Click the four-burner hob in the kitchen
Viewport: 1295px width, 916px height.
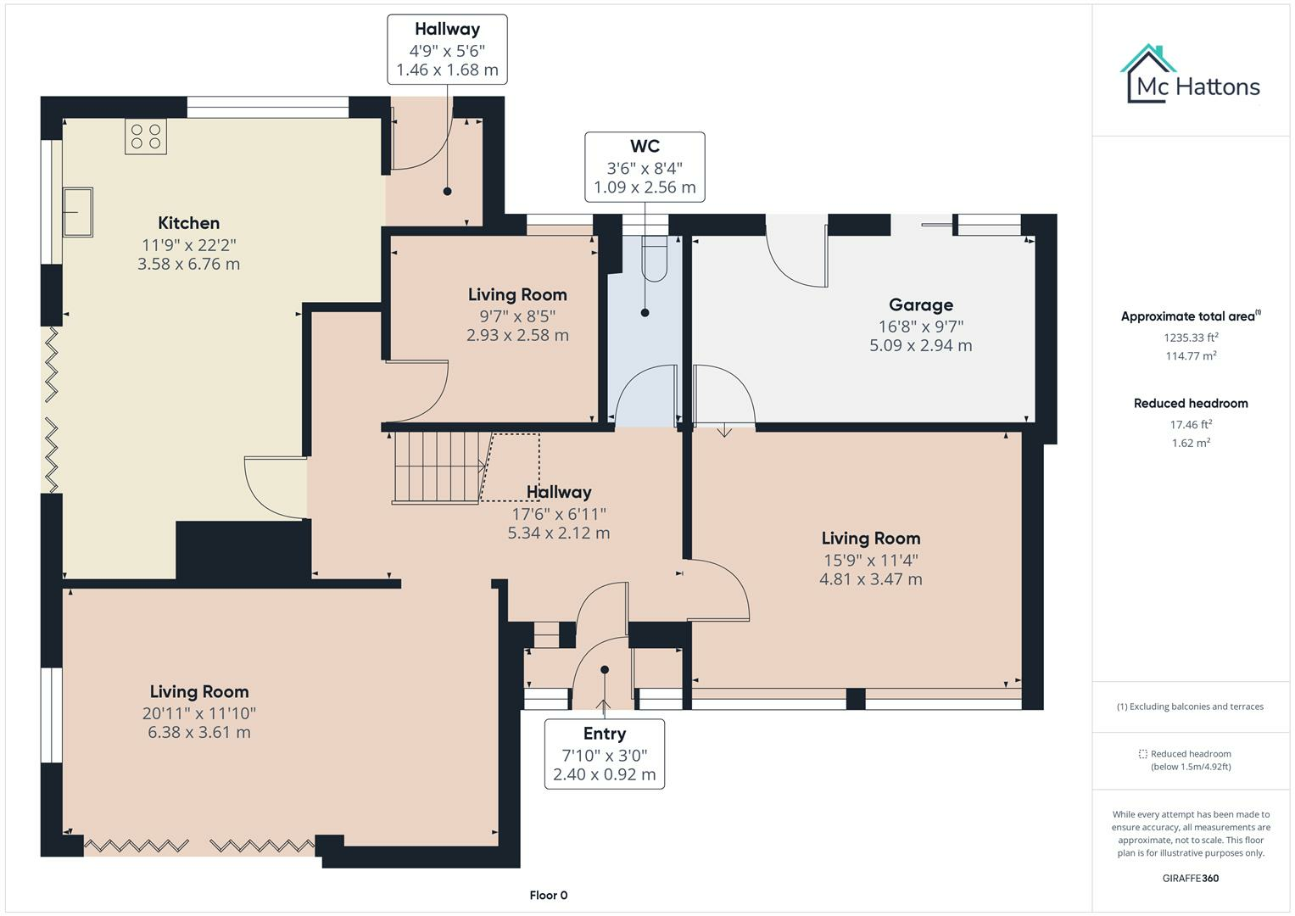point(146,137)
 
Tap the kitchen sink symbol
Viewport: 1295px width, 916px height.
point(77,212)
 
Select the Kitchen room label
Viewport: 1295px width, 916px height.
point(188,223)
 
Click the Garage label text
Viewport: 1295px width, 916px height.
point(920,304)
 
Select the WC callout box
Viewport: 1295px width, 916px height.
point(645,167)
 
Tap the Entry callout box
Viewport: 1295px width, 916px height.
point(604,754)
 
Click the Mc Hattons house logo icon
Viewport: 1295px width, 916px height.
point(1148,74)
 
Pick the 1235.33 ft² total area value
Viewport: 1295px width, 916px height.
point(1191,337)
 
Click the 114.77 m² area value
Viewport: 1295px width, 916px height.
point(1191,356)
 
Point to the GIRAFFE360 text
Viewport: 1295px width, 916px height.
point(1190,878)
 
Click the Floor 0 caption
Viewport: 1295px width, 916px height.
point(548,895)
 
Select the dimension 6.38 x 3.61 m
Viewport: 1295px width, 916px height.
point(199,732)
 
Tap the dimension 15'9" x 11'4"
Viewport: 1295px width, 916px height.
point(870,560)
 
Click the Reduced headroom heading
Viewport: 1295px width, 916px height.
point(1191,403)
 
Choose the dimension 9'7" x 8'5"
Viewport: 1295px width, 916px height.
point(517,316)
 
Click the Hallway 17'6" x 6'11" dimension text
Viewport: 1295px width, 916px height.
point(558,513)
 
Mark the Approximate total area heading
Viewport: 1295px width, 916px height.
point(1190,316)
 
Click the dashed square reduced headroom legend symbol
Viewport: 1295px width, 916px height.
point(1142,754)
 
